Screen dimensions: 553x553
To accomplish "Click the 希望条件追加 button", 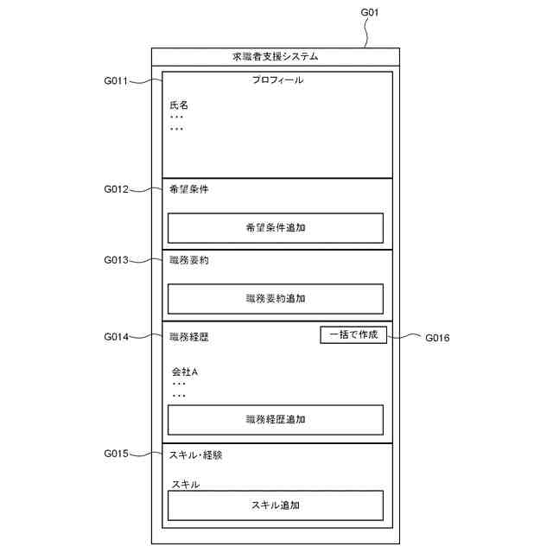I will [x=275, y=228].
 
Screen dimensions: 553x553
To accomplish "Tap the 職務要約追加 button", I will [x=275, y=298].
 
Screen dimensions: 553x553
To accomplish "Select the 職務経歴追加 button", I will [x=275, y=420].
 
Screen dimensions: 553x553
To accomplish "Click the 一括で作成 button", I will [x=353, y=334].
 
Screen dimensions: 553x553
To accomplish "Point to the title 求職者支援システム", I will [x=276, y=57].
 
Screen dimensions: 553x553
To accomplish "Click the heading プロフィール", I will [x=276, y=80].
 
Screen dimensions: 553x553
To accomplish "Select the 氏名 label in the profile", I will [x=179, y=105].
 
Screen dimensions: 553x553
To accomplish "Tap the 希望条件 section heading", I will [x=189, y=189].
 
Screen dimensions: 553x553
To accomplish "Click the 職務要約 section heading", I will [x=189, y=260].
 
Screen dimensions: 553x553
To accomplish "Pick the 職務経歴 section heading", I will [x=189, y=337].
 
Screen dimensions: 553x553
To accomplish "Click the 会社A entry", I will [x=185, y=372].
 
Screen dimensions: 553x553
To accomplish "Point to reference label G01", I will [x=369, y=12].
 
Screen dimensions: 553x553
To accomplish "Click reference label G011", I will [x=116, y=82].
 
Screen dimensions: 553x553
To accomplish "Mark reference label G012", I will [x=116, y=189].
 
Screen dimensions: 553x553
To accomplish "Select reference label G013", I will [x=116, y=260].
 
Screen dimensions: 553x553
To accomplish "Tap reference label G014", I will [x=116, y=337].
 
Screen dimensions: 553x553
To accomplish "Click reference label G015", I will [x=116, y=454].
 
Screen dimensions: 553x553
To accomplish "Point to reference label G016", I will [x=437, y=338].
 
